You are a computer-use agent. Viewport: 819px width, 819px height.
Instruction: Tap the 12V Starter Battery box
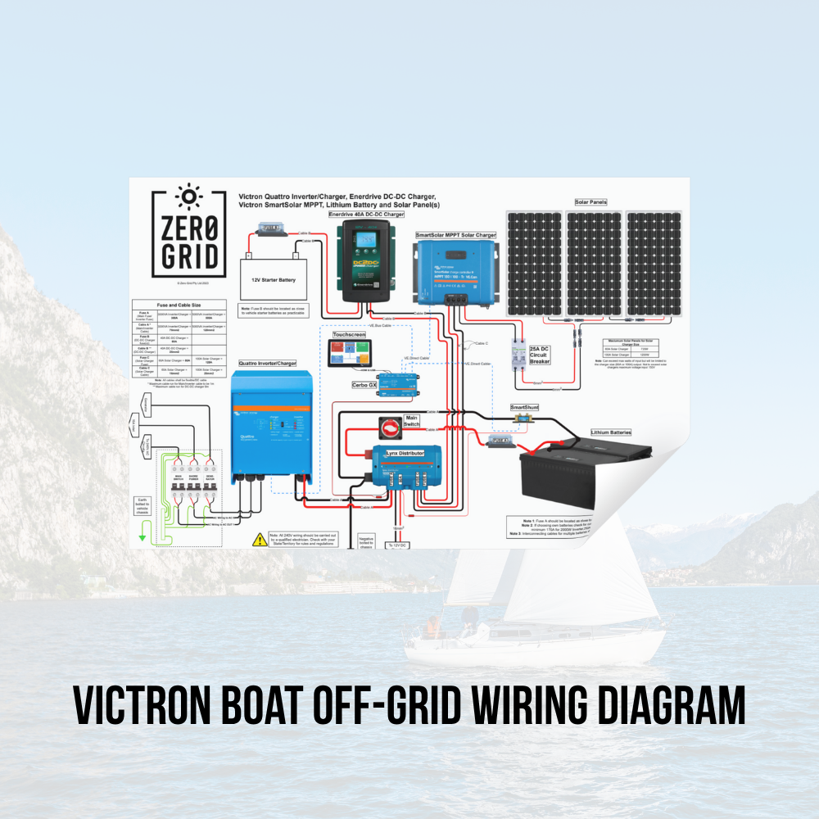273,279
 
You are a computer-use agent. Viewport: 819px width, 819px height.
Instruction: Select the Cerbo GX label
364,384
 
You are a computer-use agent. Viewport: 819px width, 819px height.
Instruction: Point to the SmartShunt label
526,407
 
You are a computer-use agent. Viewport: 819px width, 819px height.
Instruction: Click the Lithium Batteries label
611,432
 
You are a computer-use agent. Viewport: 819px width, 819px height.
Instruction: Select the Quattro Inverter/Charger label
268,363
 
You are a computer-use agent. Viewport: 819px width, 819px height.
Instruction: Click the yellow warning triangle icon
260,539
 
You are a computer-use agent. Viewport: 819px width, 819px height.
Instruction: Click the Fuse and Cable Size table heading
179,305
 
